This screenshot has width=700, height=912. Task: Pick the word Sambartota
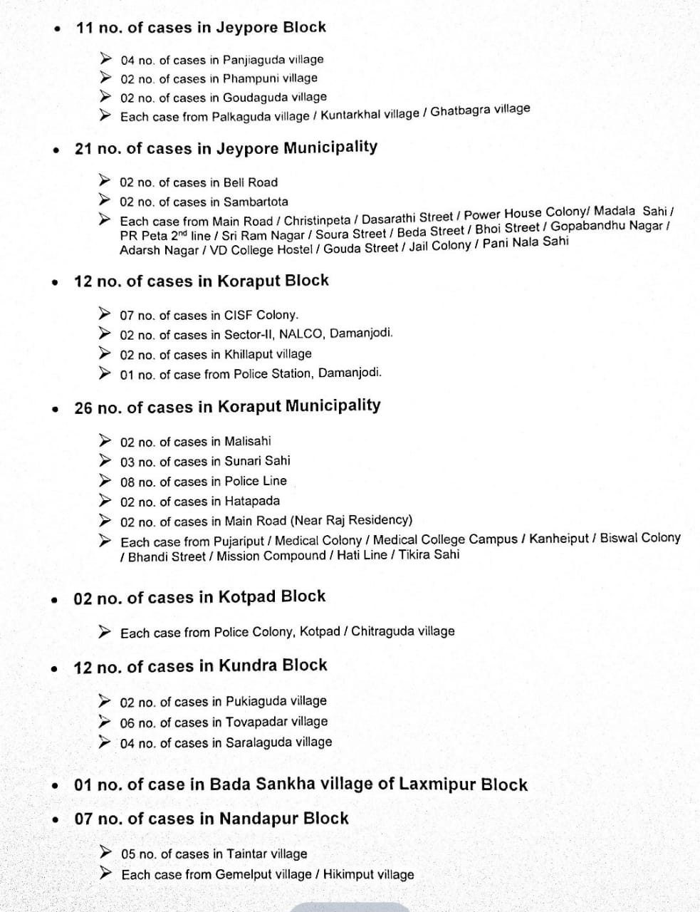[256, 202]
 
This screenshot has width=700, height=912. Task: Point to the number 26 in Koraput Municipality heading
[83, 408]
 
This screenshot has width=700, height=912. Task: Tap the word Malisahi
[248, 441]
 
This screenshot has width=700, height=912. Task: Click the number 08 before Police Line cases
[127, 482]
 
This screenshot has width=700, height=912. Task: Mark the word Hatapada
[252, 501]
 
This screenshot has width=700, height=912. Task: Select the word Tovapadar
[256, 722]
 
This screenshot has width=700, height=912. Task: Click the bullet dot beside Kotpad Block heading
[54, 599]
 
